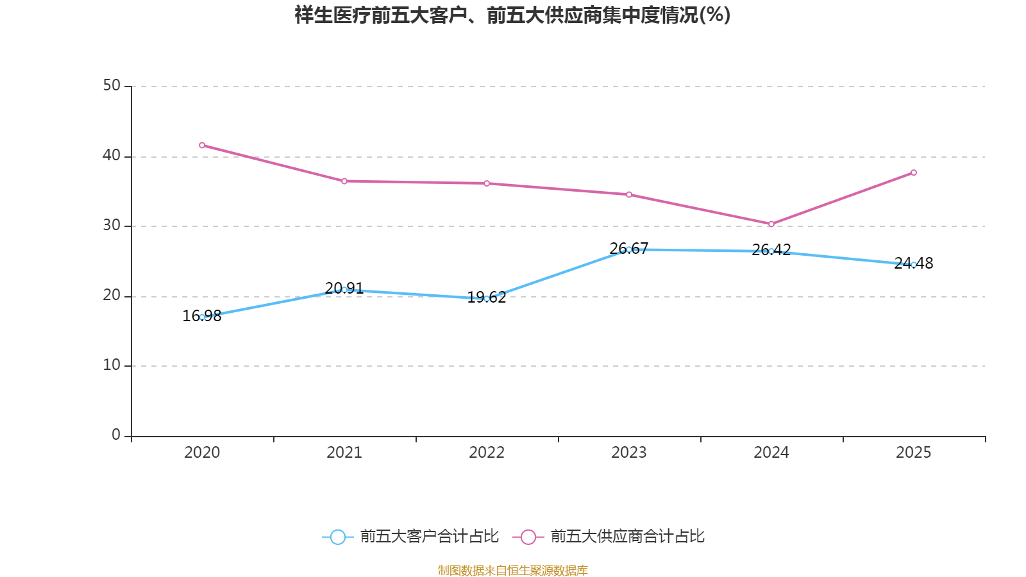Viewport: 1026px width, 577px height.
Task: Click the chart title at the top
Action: [512, 15]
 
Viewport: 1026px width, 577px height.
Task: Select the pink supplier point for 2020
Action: [202, 145]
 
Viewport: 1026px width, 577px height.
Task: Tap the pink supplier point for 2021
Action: [344, 181]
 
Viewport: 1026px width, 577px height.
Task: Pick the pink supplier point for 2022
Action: [487, 183]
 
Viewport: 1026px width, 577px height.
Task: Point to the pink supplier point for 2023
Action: [629, 194]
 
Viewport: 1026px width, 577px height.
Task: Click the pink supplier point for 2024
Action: [771, 224]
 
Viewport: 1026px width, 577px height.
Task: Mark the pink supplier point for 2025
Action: [914, 172]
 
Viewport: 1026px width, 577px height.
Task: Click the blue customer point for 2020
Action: [202, 317]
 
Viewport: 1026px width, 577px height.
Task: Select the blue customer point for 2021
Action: [344, 290]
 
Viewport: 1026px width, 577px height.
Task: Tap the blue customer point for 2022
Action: [487, 299]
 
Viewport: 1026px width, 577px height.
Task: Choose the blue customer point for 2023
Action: [629, 249]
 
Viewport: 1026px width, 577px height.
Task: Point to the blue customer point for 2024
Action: [771, 251]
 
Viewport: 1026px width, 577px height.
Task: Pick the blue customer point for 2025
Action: [914, 264]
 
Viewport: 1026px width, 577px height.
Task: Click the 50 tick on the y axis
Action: [112, 85]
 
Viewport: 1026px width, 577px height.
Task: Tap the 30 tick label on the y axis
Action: [112, 225]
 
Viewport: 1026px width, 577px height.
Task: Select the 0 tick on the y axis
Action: [116, 435]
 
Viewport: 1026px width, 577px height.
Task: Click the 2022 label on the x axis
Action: [487, 453]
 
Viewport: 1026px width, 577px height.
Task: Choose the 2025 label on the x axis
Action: [914, 453]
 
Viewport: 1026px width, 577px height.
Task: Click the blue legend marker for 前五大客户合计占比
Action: [338, 537]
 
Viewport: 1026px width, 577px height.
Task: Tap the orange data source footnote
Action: [512, 570]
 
